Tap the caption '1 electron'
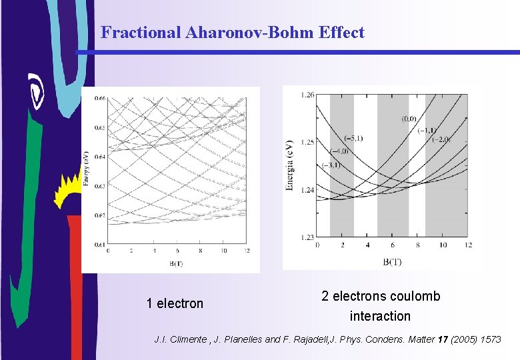click(x=175, y=303)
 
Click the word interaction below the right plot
click(x=380, y=316)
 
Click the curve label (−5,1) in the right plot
click(x=334, y=139)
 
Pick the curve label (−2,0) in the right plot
click(x=441, y=139)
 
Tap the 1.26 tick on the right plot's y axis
click(x=307, y=95)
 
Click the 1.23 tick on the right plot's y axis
click(x=307, y=237)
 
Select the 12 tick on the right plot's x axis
click(x=467, y=245)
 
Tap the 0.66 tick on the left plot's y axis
click(x=99, y=99)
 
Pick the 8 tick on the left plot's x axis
click(x=200, y=251)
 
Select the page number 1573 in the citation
click(x=491, y=339)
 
